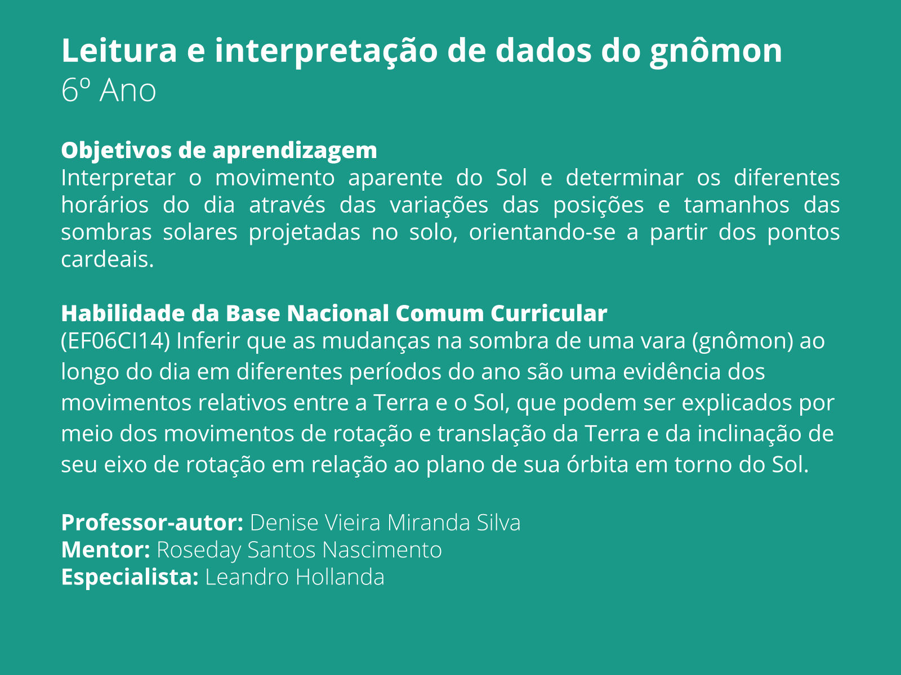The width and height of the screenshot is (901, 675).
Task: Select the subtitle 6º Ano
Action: click(109, 91)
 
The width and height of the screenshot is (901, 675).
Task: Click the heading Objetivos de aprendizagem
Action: click(219, 150)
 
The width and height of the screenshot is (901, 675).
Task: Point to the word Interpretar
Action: click(118, 178)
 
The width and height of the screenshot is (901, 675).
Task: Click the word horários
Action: click(105, 205)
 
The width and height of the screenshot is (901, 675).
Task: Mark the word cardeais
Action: click(107, 259)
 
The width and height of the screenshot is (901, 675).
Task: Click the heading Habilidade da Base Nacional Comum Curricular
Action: click(334, 313)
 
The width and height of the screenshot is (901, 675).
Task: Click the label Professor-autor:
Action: click(152, 523)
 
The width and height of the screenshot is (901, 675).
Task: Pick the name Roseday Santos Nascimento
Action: click(299, 550)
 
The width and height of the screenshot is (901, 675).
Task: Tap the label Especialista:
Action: click(130, 577)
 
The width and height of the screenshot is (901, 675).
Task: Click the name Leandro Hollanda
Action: click(295, 577)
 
